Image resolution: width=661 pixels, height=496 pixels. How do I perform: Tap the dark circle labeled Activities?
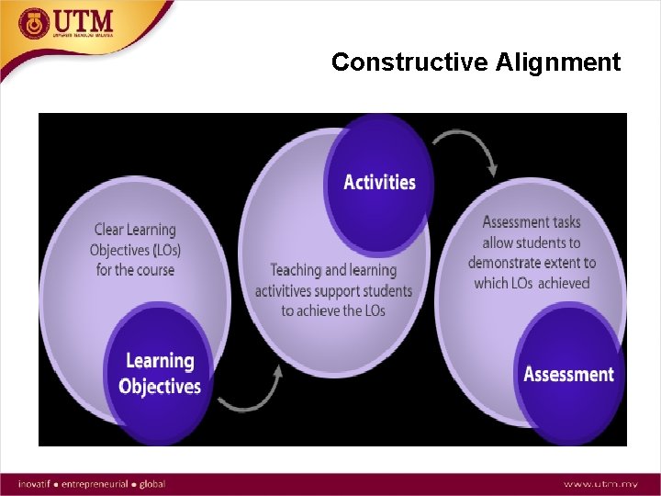[x=379, y=182]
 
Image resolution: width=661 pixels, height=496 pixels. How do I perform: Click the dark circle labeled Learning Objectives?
[x=160, y=373]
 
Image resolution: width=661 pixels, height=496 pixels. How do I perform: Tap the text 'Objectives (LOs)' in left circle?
[x=136, y=250]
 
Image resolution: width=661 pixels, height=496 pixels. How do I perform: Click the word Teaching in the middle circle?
[x=297, y=270]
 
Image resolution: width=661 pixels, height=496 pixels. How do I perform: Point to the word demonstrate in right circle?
[x=508, y=263]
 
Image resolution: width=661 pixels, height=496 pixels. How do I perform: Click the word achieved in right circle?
[x=564, y=283]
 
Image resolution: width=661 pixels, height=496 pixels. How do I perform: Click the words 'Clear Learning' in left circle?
[x=135, y=230]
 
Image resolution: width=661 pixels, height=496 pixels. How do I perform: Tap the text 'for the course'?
[x=135, y=270]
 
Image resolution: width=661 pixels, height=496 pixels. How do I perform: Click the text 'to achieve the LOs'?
[x=333, y=310]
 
